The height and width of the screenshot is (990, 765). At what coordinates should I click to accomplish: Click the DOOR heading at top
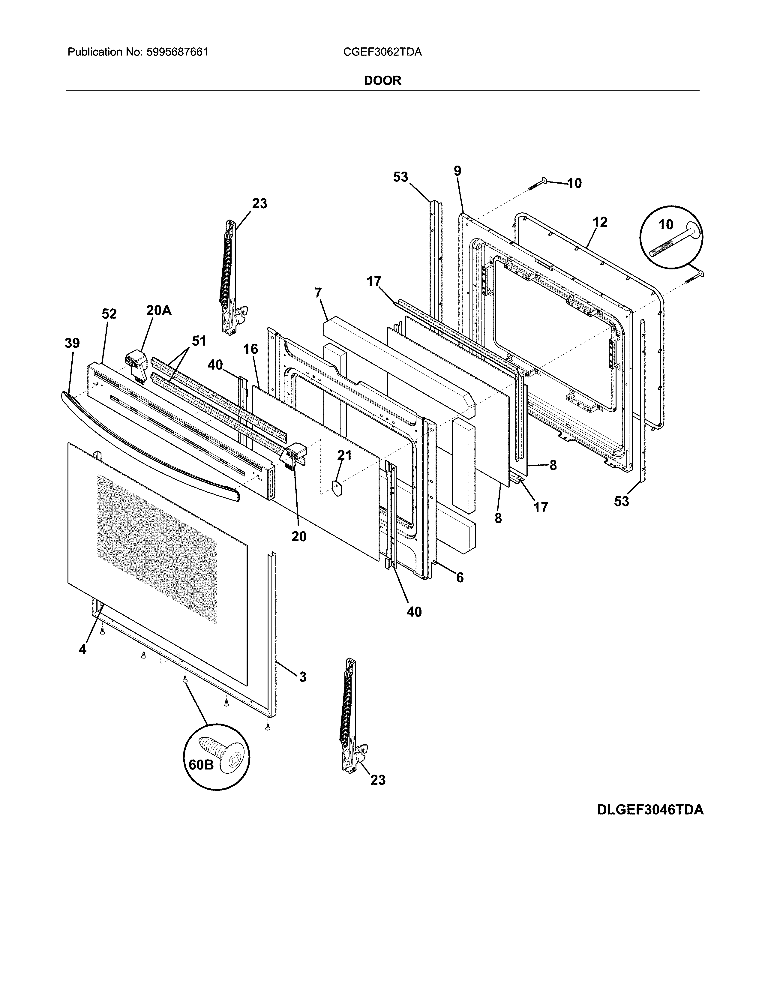382,81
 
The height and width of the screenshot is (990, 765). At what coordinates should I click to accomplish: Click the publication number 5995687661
177,52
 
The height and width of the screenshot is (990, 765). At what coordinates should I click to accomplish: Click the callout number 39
72,343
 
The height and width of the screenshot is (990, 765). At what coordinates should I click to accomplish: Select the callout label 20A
159,310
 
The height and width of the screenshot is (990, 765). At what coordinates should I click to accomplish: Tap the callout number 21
344,455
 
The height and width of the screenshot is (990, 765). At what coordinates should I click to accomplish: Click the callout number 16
250,349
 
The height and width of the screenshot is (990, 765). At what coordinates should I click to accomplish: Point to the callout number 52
109,314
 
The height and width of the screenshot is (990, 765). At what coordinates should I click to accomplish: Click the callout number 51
199,340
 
